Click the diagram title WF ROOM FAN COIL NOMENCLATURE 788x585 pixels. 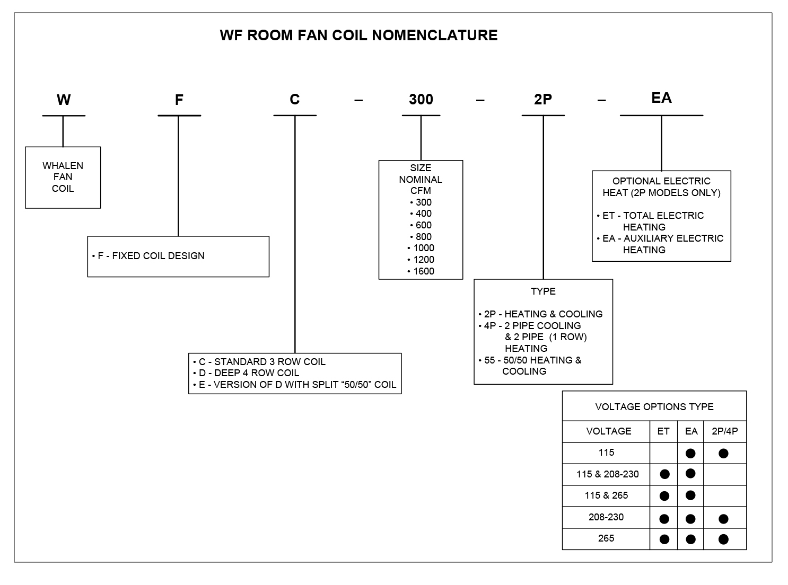tap(358, 36)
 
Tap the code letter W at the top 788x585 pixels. tap(64, 100)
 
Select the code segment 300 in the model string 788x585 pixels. tap(421, 100)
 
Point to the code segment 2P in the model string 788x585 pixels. tap(543, 100)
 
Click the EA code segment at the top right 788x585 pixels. tap(661, 98)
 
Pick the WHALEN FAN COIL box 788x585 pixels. tap(63, 177)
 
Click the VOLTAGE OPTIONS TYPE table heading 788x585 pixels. tap(654, 407)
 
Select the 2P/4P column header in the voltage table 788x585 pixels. tap(724, 431)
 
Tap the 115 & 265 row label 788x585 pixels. tap(606, 496)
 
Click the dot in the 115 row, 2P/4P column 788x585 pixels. tap(723, 454)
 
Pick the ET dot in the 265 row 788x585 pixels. tap(664, 539)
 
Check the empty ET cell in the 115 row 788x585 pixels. tap(663, 453)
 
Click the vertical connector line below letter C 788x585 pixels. tap(295, 233)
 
